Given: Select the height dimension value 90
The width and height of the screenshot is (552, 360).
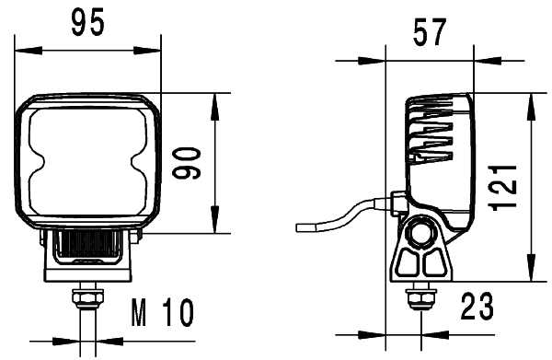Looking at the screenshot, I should pyautogui.click(x=190, y=163).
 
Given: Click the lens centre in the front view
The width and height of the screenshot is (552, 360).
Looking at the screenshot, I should pyautogui.click(x=88, y=162).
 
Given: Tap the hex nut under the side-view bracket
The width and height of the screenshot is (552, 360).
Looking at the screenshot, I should pyautogui.click(x=421, y=298).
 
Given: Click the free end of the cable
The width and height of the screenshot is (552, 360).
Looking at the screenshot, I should pyautogui.click(x=298, y=226).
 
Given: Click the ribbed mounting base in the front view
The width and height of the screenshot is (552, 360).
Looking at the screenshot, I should pyautogui.click(x=88, y=247).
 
